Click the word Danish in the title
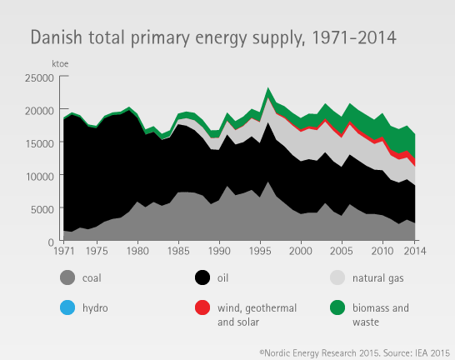(57, 37)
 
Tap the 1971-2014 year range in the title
(354, 37)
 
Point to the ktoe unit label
(60, 63)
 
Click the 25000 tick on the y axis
(39, 77)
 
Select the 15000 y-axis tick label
(39, 143)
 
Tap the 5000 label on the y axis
(42, 209)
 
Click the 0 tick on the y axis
(51, 242)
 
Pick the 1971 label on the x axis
(64, 251)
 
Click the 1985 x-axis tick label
(178, 251)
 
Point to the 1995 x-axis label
(260, 251)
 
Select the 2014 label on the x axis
(415, 251)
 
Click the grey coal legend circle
(67, 277)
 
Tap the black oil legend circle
(202, 277)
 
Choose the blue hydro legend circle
(67, 307)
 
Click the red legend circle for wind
(202, 307)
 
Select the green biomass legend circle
(337, 307)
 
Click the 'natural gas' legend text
(377, 277)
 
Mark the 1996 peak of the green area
(268, 87)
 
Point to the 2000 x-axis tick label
(301, 251)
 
